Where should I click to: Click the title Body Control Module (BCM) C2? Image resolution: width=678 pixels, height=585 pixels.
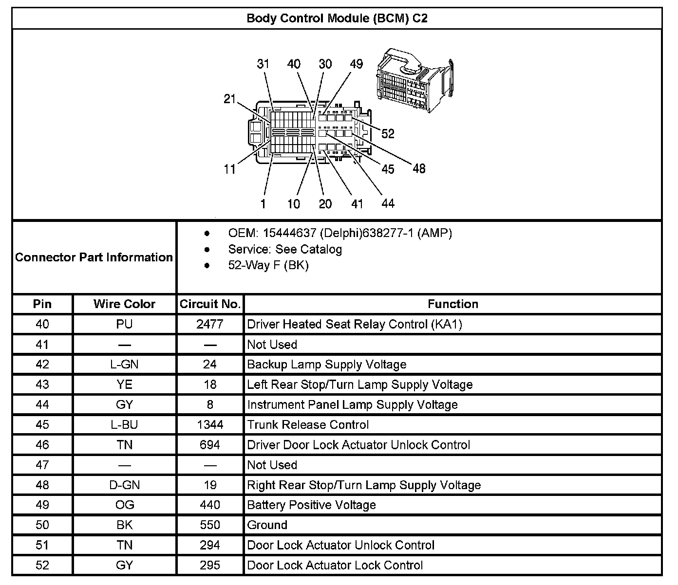point(337,18)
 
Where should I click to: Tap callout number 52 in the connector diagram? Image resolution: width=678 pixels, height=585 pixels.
point(388,133)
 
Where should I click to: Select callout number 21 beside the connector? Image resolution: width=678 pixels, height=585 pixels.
point(229,99)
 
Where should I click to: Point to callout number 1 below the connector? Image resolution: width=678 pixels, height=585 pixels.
point(263,203)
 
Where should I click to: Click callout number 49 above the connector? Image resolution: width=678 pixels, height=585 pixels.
point(357,64)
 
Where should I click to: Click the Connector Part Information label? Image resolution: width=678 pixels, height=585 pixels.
point(94,257)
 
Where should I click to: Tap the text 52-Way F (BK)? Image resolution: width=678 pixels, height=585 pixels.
point(268,265)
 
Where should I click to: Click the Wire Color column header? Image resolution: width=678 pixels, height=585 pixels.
point(124,304)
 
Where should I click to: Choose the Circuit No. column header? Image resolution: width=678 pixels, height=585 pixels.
point(210,304)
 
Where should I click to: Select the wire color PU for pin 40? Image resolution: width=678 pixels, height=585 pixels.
point(124,324)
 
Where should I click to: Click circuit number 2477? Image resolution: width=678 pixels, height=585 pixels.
point(210,324)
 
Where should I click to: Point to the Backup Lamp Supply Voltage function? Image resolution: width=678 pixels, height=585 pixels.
point(327,365)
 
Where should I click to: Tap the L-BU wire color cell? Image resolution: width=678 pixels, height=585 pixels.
point(124,425)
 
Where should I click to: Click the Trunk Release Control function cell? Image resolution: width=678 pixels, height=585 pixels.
point(308,425)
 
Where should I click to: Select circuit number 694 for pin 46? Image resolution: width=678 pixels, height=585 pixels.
point(210,445)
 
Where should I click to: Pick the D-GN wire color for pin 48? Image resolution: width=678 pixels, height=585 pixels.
point(124,485)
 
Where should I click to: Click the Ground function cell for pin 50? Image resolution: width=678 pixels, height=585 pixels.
point(267,525)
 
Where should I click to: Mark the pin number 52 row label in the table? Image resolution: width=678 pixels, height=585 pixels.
point(42,566)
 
